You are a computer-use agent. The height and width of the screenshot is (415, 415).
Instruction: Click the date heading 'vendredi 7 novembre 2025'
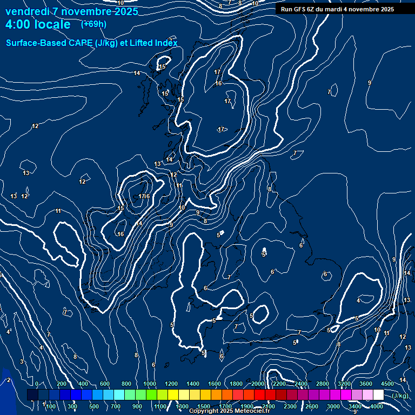pyautogui.click(x=71, y=11)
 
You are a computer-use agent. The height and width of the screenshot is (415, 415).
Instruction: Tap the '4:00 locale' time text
pyautogui.click(x=38, y=24)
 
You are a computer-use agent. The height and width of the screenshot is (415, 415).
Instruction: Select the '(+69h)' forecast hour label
pyautogui.click(x=93, y=24)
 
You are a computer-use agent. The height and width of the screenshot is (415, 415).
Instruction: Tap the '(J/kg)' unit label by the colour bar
pyautogui.click(x=400, y=396)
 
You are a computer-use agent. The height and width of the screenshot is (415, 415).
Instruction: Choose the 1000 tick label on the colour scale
pyautogui.click(x=150, y=384)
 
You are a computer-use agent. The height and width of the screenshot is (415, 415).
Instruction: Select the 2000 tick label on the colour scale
pyautogui.click(x=258, y=384)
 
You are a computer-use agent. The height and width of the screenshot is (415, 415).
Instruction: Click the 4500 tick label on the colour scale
pyautogui.click(x=387, y=384)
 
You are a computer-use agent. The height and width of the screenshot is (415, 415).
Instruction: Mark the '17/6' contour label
pyautogui.click(x=144, y=196)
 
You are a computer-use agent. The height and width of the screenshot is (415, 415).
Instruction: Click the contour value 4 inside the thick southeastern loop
pyautogui.click(x=358, y=300)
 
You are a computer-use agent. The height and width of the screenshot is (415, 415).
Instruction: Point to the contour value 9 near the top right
pyautogui.click(x=370, y=83)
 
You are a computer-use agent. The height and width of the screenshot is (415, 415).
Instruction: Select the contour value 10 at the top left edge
pyautogui.click(x=121, y=3)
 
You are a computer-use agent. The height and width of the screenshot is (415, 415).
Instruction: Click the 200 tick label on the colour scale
pyautogui.click(x=61, y=384)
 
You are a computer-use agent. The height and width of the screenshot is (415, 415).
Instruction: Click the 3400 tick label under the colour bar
pyautogui.click(x=355, y=406)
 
